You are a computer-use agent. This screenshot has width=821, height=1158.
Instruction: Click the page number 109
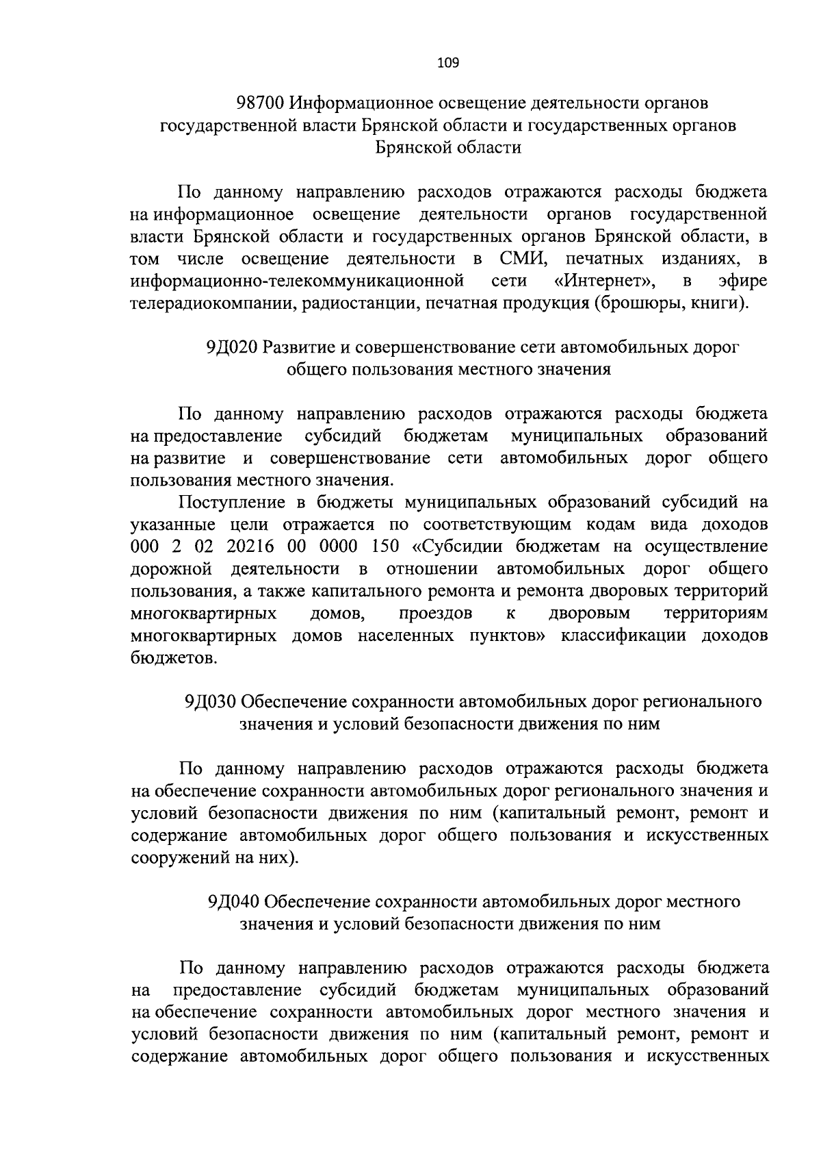click(448, 64)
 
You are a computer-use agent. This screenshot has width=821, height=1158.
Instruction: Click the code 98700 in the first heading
click(259, 103)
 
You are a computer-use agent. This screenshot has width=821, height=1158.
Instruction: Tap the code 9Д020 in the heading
click(231, 347)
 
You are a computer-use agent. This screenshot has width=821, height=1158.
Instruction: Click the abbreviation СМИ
click(521, 259)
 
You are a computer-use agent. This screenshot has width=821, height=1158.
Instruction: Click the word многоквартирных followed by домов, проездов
click(203, 613)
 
